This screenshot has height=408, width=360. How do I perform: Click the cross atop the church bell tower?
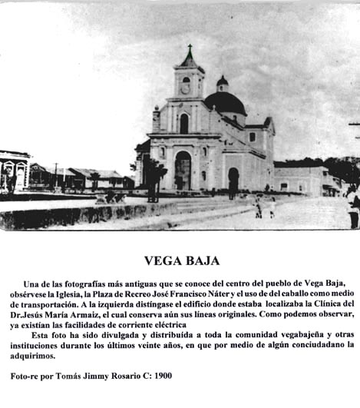pos(190,50)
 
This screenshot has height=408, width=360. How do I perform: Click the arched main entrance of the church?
pos(183,171)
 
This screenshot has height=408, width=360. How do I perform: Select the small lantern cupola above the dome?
pos(222,81)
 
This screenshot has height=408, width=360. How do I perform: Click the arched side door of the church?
pos(233,180)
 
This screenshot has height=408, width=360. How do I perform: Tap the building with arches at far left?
pos(14,171)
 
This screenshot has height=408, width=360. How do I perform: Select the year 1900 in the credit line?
pos(162,376)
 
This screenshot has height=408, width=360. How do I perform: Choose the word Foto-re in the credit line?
pos(28,376)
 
